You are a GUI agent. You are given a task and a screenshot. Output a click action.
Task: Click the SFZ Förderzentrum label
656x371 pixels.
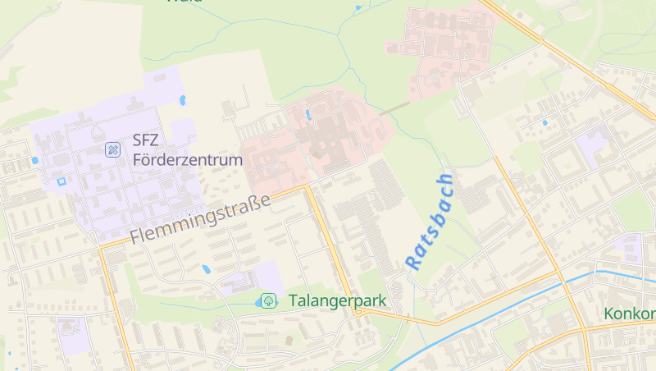pos(187,149)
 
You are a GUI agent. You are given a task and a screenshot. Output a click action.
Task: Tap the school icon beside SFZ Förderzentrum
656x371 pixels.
pos(113,149)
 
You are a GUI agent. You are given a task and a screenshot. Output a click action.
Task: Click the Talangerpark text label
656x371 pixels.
pos(336,300)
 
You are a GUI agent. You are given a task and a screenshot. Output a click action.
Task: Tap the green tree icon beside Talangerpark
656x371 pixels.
pos(268,301)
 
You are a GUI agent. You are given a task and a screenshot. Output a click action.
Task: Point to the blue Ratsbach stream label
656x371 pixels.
pos(429,222)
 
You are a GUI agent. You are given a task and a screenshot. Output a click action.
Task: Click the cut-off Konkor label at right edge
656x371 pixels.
pos(630,314)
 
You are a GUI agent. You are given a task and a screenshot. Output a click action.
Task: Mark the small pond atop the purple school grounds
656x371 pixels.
pos(182,101)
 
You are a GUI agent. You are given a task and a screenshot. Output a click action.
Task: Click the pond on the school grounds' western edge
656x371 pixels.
pos(34,160)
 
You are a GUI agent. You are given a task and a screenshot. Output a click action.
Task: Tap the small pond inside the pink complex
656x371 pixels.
pos(307,114)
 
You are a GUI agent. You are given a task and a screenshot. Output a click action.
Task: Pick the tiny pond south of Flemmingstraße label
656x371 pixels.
pos(207,268)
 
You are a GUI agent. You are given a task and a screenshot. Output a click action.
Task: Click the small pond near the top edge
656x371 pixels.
pos(358,8)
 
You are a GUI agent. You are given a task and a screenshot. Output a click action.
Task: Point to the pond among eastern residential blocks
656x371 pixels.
pos(544,123)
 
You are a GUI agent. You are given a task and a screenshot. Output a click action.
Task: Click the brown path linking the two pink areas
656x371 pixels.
pos(394,108)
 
